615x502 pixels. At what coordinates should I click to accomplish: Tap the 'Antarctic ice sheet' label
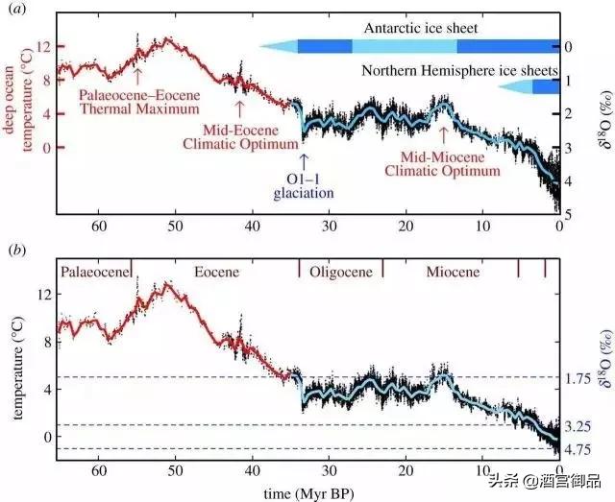[x=421, y=29]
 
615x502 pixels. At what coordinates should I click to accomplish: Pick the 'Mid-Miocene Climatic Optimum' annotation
[x=442, y=164]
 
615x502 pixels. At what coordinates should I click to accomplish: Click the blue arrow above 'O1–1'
[x=304, y=160]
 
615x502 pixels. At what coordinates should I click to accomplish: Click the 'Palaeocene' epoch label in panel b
[x=95, y=273]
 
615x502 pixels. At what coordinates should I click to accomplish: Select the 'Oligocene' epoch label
[x=341, y=273]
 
